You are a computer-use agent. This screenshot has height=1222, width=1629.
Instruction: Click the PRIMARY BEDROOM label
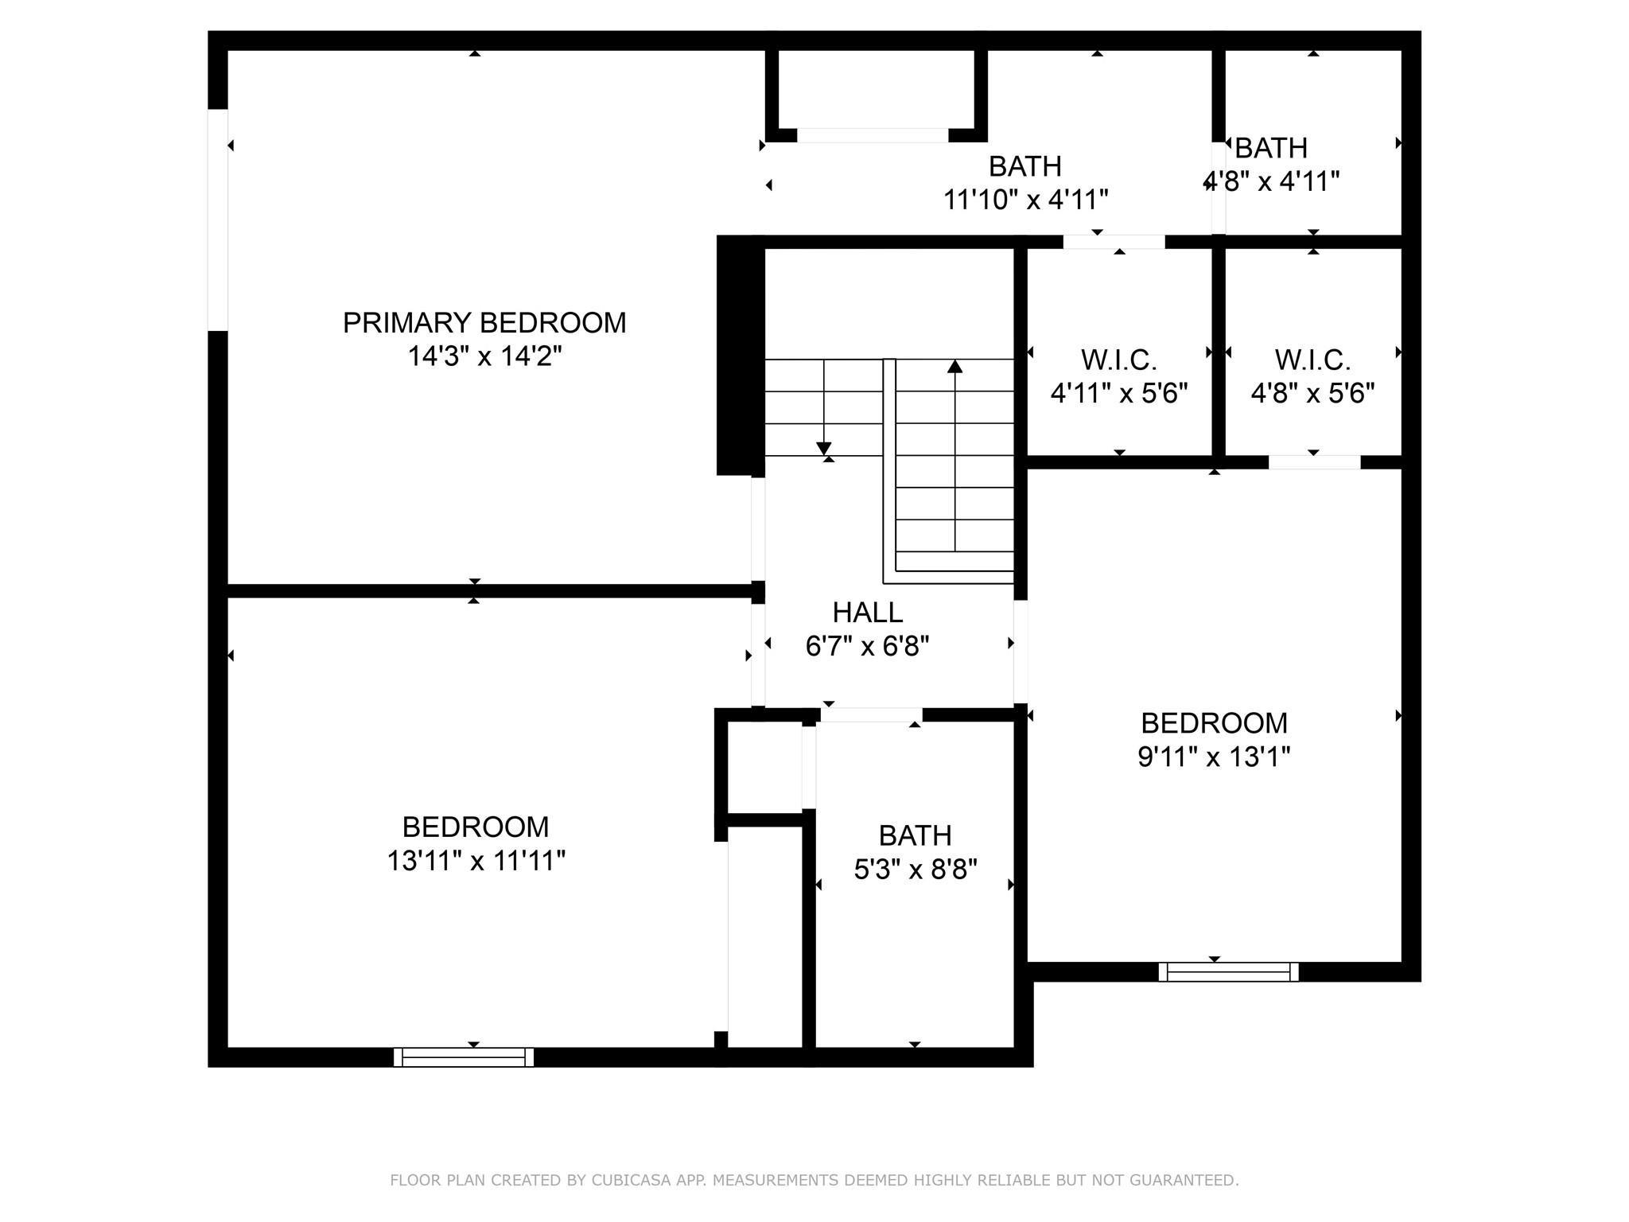point(484,322)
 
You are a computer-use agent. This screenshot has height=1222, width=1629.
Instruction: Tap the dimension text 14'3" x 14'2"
point(484,356)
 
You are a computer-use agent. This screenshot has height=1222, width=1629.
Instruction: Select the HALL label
point(867,612)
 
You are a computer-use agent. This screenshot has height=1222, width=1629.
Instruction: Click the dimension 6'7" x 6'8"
point(867,645)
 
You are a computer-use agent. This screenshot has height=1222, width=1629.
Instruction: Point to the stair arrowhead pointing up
point(954,366)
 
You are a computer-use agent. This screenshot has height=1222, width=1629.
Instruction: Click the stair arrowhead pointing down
point(824,448)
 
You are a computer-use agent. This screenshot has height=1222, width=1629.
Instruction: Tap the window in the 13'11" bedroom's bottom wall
point(464,1057)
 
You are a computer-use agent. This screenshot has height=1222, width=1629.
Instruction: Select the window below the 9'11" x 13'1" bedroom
point(1228,971)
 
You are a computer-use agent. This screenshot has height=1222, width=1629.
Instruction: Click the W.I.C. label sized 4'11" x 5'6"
point(1118,360)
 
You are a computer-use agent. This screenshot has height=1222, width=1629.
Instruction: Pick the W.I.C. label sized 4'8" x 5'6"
point(1312,360)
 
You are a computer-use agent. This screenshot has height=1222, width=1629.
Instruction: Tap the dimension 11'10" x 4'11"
point(1025,199)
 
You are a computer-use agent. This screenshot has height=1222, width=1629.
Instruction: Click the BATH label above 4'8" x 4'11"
point(1270,148)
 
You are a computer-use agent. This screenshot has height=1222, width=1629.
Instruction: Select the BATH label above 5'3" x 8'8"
point(915,835)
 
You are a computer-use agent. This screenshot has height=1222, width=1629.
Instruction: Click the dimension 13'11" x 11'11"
point(476,860)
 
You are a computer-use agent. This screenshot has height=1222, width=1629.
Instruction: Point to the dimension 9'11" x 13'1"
point(1213,756)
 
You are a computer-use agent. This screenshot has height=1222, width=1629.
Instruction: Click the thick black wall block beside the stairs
point(735,356)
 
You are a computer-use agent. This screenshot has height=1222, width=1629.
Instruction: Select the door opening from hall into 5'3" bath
point(871,714)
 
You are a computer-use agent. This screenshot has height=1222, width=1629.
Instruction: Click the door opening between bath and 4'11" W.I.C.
point(1114,242)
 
